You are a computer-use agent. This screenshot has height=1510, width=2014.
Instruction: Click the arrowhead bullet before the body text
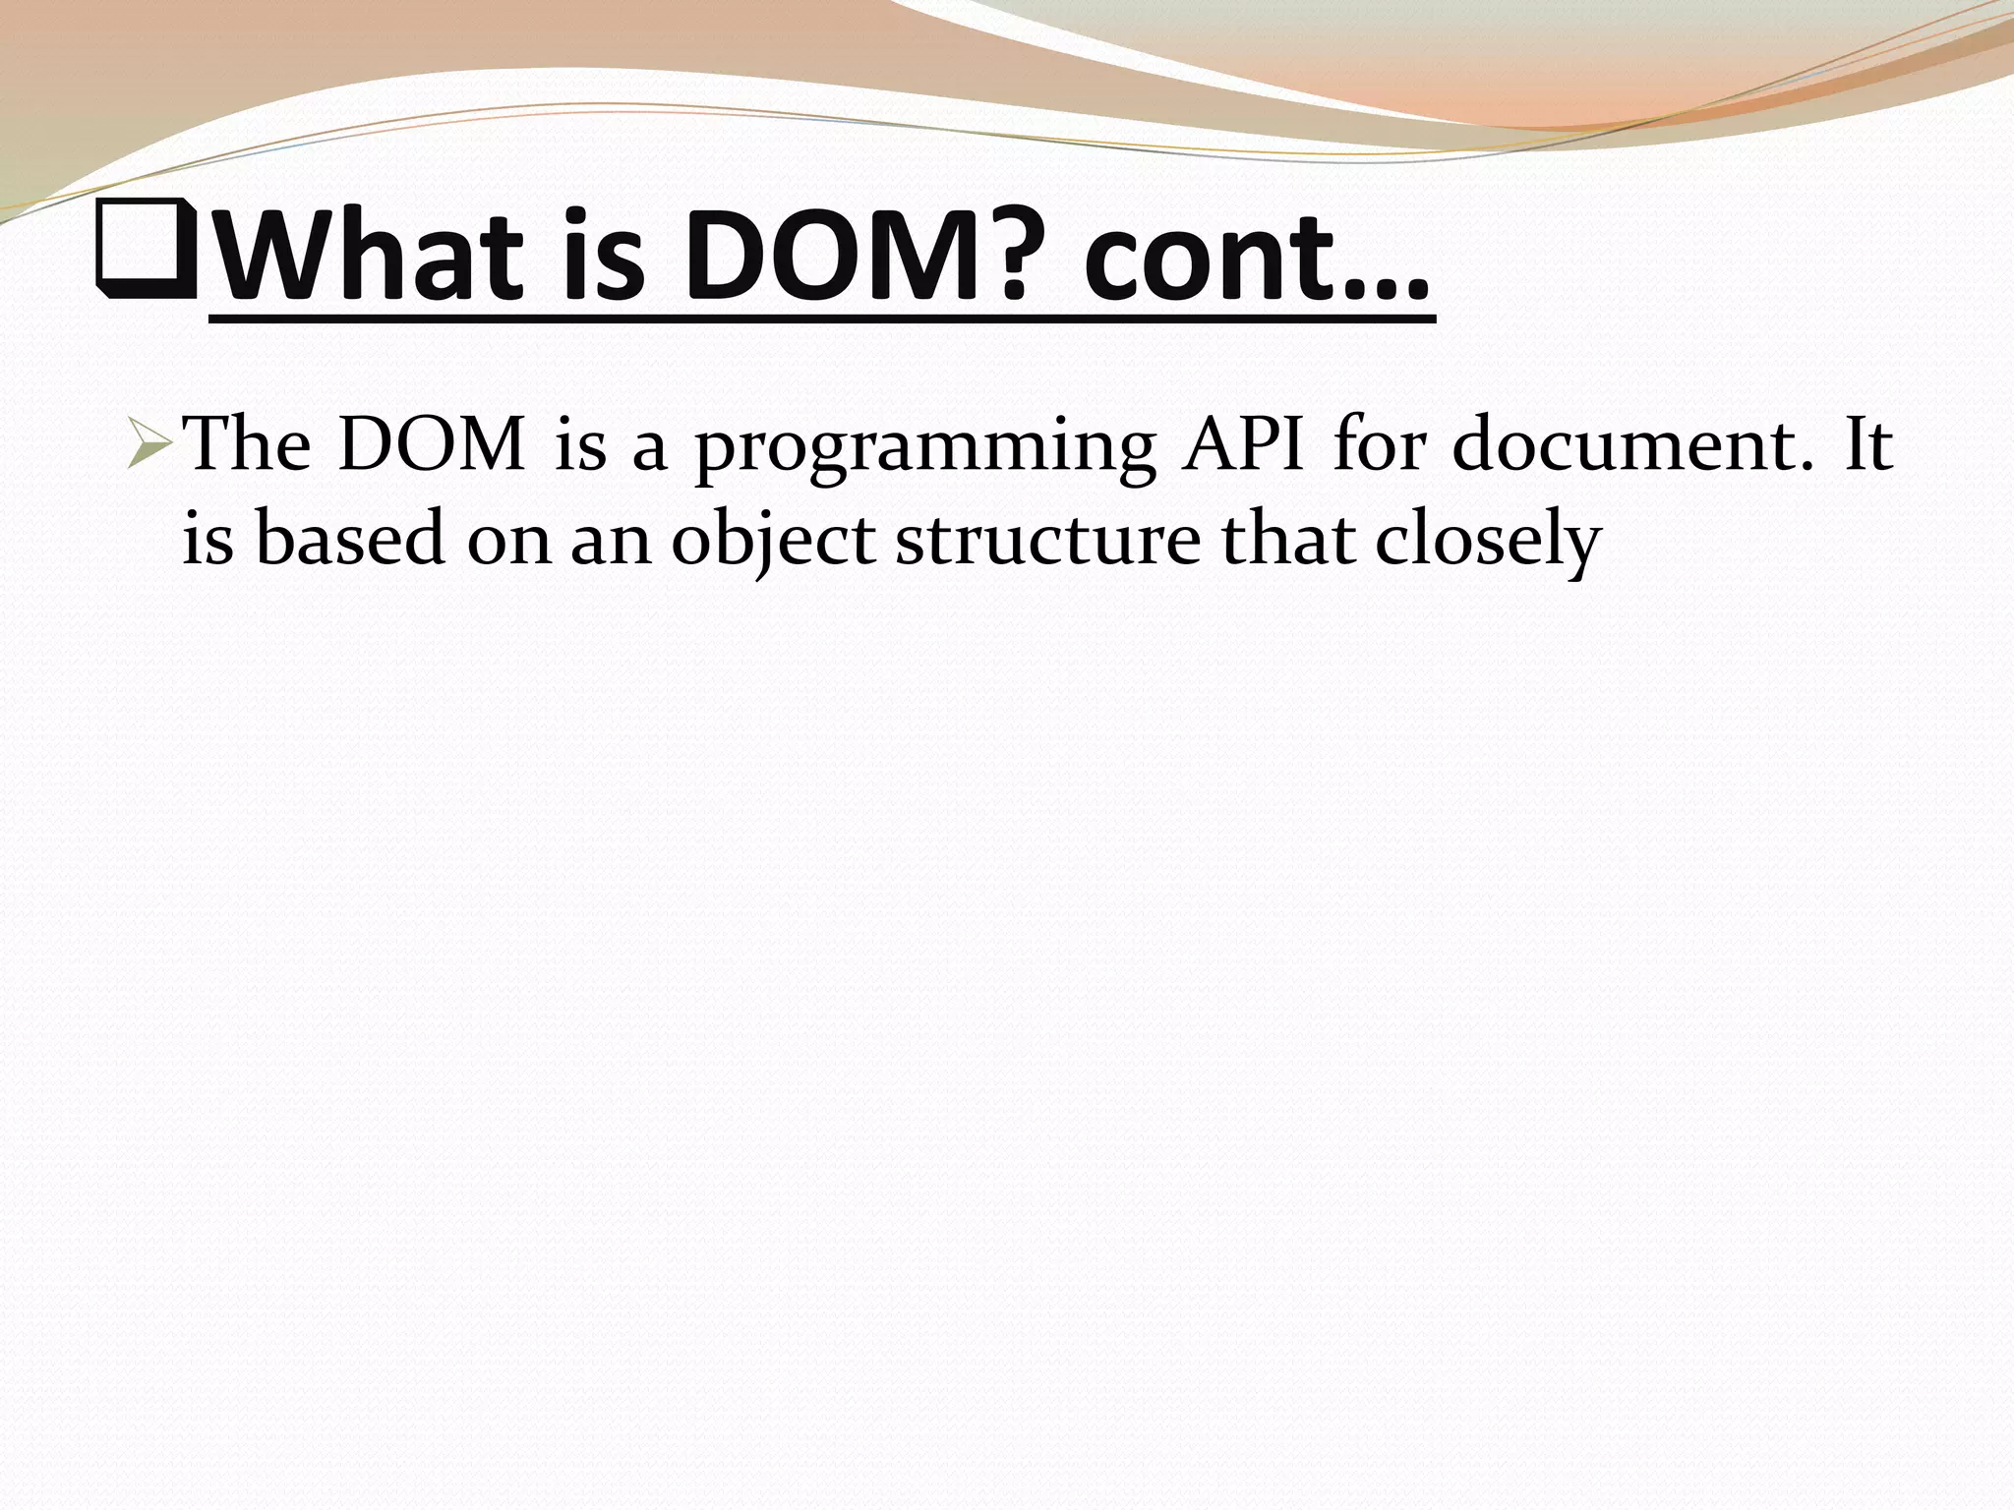click(150, 451)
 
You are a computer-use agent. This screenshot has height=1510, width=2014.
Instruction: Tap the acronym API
click(1245, 446)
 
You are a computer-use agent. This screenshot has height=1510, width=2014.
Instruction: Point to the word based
click(350, 540)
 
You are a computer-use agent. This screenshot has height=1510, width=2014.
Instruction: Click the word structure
click(1048, 542)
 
